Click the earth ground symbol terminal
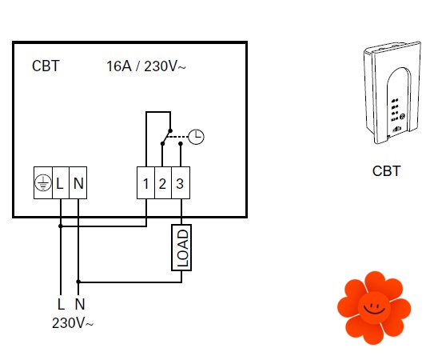tap(43, 182)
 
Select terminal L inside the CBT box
tap(60, 182)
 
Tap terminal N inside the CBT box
tap(78, 182)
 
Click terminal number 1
tap(146, 182)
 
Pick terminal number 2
tap(163, 182)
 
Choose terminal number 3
tap(181, 182)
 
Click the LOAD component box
tap(181, 248)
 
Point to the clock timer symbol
tap(196, 137)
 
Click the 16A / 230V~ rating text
tap(146, 66)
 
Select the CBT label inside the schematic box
tap(46, 66)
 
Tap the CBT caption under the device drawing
tap(387, 171)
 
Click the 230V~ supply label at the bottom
tap(73, 323)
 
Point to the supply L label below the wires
tap(61, 304)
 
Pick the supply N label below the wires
tap(80, 304)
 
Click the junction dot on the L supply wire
tap(61, 226)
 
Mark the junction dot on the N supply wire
tap(78, 282)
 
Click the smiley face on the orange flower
tap(374, 308)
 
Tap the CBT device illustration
tap(392, 93)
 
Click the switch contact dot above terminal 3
tap(181, 143)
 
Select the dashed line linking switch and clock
tap(178, 137)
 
